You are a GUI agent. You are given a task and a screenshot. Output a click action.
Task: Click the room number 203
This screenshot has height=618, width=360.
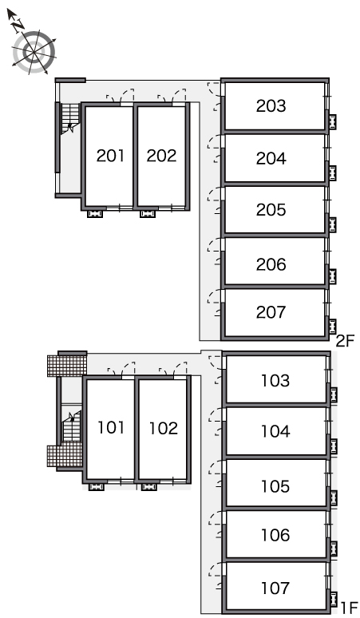(x=271, y=105)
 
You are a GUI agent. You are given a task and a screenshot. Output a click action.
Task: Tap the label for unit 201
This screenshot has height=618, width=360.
(x=111, y=156)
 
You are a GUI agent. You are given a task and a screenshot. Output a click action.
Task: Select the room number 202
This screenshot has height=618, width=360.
(x=161, y=156)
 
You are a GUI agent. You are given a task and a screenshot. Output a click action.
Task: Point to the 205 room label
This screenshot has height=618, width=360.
(x=271, y=210)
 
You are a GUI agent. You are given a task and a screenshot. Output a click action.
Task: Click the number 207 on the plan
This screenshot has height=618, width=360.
(x=271, y=312)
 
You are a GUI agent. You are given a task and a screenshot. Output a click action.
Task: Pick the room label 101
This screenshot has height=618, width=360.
(x=111, y=428)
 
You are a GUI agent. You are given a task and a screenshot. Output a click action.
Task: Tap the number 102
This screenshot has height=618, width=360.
(x=164, y=429)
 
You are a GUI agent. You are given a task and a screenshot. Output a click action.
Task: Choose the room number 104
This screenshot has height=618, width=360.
(x=275, y=431)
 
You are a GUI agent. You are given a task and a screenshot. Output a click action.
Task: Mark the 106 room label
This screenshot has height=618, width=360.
(x=275, y=535)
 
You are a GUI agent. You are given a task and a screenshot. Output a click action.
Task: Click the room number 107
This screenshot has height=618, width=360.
(x=275, y=588)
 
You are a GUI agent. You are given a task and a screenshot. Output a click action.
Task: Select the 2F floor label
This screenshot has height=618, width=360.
(x=346, y=341)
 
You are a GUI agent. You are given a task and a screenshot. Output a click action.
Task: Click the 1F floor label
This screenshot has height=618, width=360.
(x=349, y=608)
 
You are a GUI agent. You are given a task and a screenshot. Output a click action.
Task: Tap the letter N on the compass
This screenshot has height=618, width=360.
(x=18, y=26)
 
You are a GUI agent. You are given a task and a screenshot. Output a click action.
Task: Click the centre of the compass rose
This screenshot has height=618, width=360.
(x=34, y=52)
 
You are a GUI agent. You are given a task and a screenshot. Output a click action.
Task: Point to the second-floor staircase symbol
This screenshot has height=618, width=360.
(x=70, y=118)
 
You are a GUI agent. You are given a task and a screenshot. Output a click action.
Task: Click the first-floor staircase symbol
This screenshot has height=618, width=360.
(x=72, y=426)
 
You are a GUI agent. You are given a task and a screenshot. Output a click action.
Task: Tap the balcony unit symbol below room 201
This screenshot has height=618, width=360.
(x=95, y=214)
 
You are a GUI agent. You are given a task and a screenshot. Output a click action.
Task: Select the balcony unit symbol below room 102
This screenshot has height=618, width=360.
(x=149, y=487)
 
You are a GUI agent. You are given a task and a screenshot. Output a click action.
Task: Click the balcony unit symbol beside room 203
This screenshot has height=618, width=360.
(x=333, y=121)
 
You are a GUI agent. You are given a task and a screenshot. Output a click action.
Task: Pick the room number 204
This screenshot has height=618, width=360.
(x=271, y=158)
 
